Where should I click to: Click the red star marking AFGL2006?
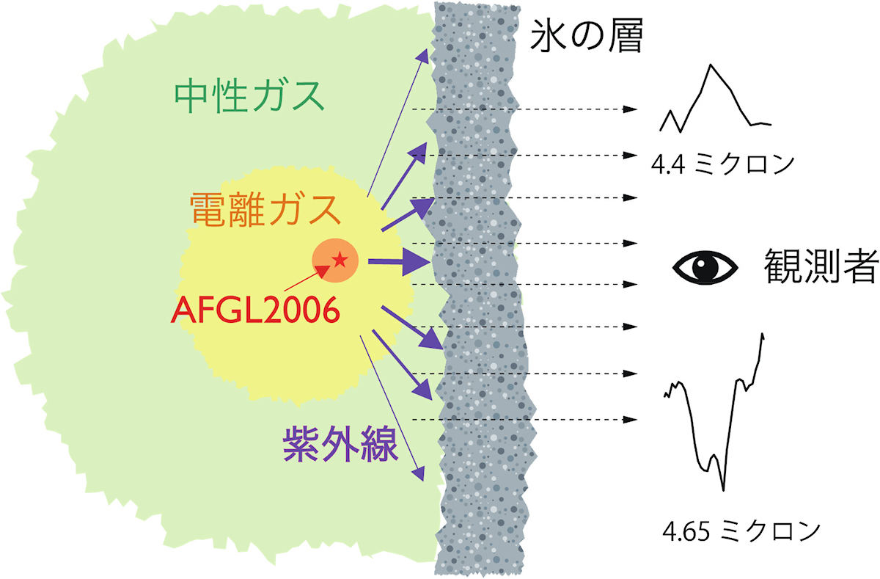click(340, 260)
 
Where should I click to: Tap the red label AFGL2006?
click(256, 310)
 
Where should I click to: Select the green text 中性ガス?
click(249, 96)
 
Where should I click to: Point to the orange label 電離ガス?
click(265, 210)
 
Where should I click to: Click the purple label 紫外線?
click(340, 445)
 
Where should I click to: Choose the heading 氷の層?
click(587, 35)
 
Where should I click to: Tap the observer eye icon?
click(705, 267)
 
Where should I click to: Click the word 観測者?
click(821, 266)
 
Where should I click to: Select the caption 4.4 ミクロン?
click(722, 164)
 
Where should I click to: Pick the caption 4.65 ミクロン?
click(741, 531)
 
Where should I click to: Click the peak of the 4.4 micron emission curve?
click(711, 65)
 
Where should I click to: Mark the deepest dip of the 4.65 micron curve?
click(723, 489)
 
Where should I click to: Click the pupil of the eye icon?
click(705, 267)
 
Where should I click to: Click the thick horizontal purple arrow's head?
click(417, 262)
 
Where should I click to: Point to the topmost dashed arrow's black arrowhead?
click(630, 109)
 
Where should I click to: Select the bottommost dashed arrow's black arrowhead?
click(630, 420)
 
